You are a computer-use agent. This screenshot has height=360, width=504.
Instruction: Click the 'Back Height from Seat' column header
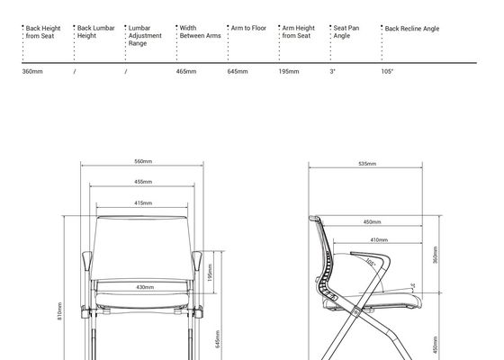click(43, 32)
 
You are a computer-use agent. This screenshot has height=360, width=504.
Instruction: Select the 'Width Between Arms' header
click(200, 31)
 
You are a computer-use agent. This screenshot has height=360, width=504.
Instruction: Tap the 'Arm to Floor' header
click(248, 28)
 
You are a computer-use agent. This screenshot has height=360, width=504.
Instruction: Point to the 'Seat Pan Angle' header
click(346, 31)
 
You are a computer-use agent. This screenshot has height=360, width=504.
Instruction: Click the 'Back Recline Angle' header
click(412, 29)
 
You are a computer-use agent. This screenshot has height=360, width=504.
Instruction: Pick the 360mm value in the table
click(32, 71)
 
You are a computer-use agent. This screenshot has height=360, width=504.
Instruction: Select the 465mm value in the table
click(186, 71)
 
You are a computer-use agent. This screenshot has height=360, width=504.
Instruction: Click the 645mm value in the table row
click(238, 71)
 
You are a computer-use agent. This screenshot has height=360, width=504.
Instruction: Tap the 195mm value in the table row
click(289, 71)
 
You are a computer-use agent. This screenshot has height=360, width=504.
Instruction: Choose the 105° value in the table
click(387, 71)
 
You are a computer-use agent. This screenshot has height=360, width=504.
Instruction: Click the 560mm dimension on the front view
click(143, 161)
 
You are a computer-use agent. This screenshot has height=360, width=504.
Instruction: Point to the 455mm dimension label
click(143, 182)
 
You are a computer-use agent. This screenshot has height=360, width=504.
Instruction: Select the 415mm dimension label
click(143, 203)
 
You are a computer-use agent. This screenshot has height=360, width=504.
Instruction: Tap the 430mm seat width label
click(145, 287)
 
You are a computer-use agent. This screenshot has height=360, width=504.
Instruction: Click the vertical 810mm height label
click(59, 310)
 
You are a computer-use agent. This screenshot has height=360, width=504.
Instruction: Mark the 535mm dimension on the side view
click(367, 164)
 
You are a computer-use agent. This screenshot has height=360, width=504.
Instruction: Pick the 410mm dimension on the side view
click(379, 239)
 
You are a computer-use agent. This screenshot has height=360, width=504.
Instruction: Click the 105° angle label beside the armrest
click(370, 262)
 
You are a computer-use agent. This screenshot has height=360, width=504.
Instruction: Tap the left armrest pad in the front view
click(86, 261)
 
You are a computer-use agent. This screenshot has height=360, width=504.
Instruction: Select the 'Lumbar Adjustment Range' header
click(145, 36)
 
